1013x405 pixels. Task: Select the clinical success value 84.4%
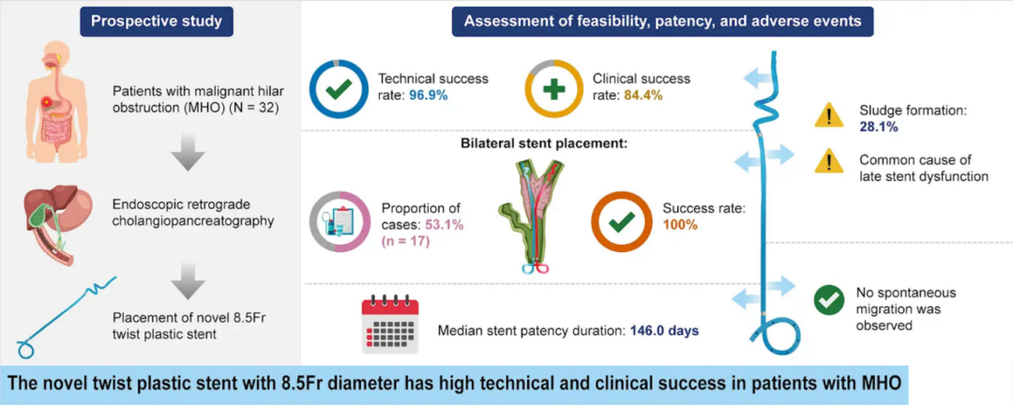(652, 97)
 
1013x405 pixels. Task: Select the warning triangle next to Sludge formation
(828, 115)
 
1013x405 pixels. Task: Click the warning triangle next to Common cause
(828, 161)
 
